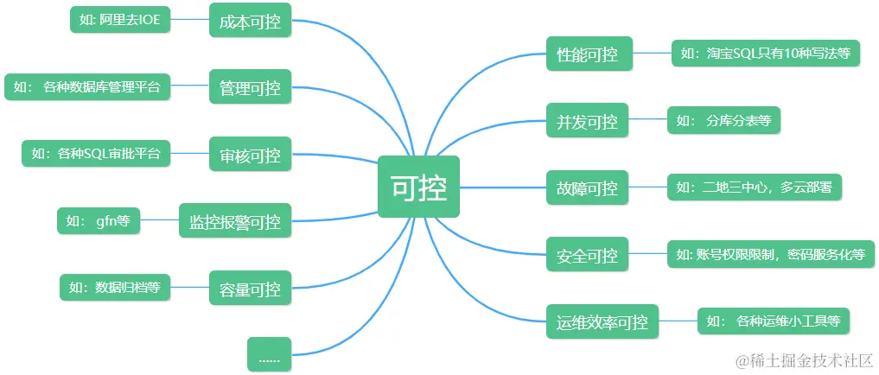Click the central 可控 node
418,187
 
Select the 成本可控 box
250,21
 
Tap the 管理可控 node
250,88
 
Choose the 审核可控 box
250,156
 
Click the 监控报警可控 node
234,221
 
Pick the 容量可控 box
250,289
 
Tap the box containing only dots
269,355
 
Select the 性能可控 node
589,54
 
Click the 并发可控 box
587,122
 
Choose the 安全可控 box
587,256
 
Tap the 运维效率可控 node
602,322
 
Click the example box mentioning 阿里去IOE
120,21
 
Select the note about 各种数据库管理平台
87,87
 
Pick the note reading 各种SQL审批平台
95,155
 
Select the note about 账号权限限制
770,255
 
